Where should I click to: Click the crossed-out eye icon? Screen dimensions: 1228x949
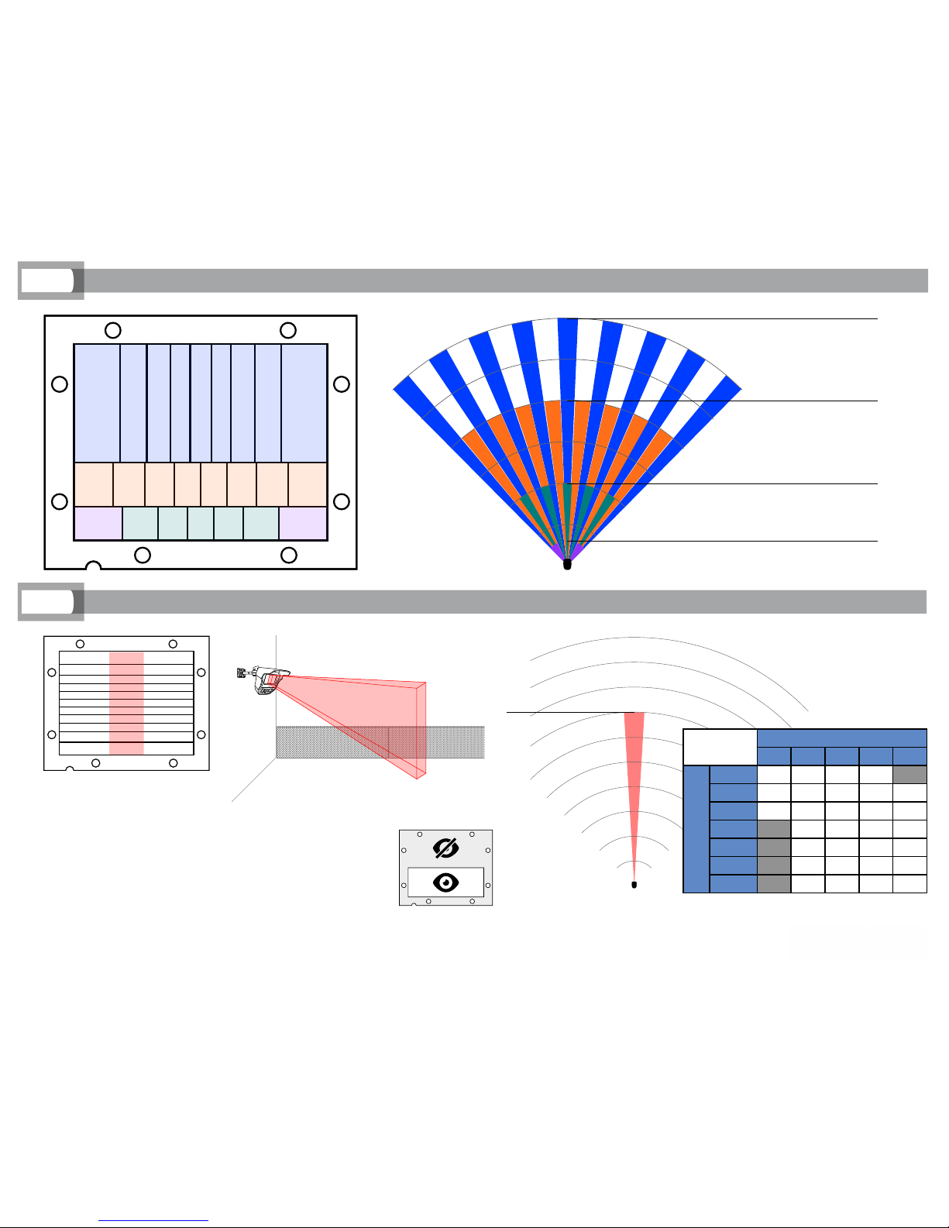tap(445, 848)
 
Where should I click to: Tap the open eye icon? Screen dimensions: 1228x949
tap(445, 882)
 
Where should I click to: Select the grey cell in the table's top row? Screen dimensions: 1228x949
tap(909, 774)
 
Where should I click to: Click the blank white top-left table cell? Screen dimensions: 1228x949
tap(720, 747)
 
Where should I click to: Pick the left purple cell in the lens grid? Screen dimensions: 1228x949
tap(98, 523)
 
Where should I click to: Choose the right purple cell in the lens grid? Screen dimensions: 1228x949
tap(303, 523)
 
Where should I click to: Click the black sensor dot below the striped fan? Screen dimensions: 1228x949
tap(567, 565)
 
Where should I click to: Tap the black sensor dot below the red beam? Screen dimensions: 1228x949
tap(634, 885)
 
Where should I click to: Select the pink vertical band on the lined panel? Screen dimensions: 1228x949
tap(126, 702)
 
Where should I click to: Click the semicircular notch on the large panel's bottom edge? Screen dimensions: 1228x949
tap(93, 566)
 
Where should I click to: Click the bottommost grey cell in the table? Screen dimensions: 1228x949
tap(773, 883)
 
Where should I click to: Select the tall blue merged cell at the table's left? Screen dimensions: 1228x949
tap(696, 829)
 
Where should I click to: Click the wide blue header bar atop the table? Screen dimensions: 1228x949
tap(841, 738)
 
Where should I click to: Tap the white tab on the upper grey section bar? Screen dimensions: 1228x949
tap(47, 280)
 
